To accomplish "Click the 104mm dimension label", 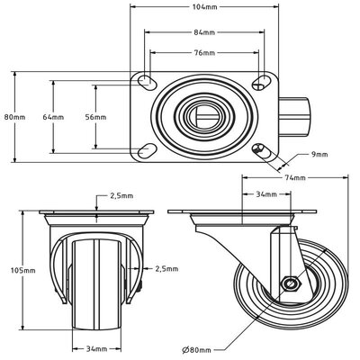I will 205,7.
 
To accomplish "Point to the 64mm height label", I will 52,117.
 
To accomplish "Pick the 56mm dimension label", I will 94,117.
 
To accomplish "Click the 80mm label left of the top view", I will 10,117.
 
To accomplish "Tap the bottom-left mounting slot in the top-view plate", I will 144,148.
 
